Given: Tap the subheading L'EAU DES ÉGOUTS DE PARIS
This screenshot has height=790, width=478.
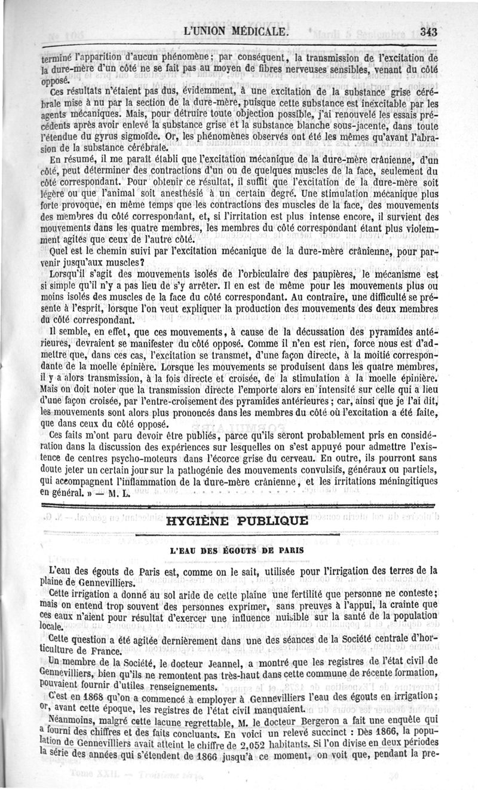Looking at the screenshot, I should tap(238, 548).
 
